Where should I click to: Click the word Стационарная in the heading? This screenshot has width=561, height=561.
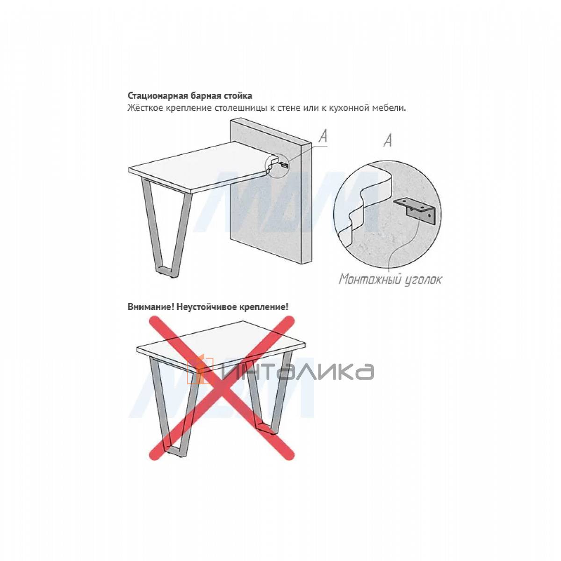pyautogui.click(x=156, y=96)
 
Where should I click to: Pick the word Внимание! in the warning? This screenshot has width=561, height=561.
pyautogui.click(x=151, y=307)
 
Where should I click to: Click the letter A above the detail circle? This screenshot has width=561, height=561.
pyautogui.click(x=388, y=141)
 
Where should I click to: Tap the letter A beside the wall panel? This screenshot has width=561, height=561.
pyautogui.click(x=324, y=136)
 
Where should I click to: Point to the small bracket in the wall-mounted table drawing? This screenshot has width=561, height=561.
pyautogui.click(x=283, y=165)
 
